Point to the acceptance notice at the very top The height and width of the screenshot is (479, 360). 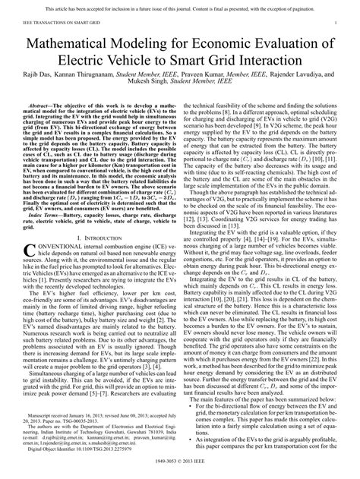coord(180,8)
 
